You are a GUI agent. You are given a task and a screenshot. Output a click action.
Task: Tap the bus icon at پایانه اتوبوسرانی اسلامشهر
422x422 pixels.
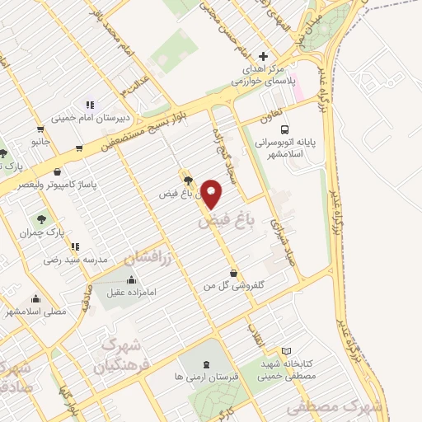(x=284, y=129)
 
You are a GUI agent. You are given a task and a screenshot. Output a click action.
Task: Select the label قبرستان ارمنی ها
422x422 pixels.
(x=205, y=376)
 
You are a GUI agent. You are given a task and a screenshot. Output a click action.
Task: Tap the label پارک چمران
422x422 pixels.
(x=42, y=232)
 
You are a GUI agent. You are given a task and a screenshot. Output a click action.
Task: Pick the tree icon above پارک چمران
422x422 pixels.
(x=41, y=219)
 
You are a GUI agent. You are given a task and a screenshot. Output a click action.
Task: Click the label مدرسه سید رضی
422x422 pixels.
(x=77, y=259)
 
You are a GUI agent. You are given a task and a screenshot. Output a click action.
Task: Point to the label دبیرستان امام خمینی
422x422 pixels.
(x=87, y=118)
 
